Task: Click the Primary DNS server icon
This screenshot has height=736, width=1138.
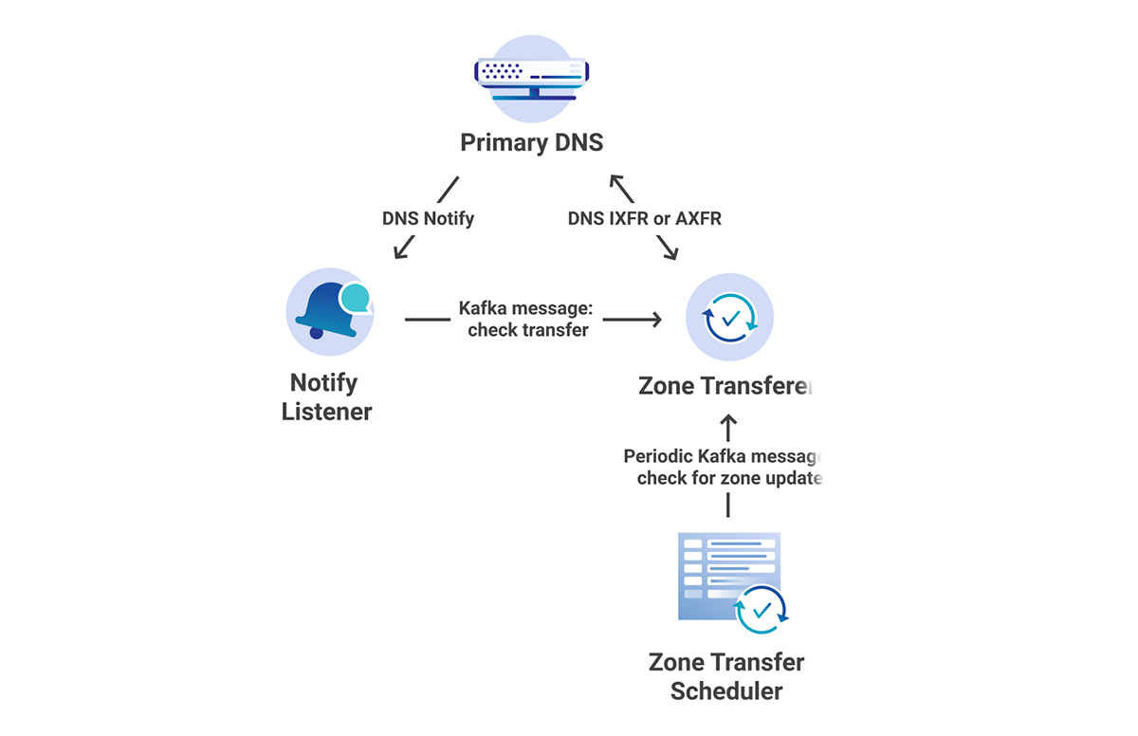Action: [x=531, y=79]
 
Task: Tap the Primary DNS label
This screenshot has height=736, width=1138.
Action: [x=531, y=143]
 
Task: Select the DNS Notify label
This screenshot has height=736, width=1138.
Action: [x=428, y=218]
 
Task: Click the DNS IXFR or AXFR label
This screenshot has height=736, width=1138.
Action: [x=645, y=218]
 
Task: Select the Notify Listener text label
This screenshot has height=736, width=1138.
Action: [x=326, y=397]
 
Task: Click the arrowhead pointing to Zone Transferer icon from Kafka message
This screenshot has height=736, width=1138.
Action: [x=654, y=320]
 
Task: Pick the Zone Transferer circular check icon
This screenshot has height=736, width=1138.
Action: [x=729, y=318]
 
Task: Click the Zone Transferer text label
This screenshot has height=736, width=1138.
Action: [x=725, y=386]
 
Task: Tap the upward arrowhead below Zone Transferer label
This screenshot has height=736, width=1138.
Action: [x=728, y=420]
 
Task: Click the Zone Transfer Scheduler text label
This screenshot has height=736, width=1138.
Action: [x=726, y=675]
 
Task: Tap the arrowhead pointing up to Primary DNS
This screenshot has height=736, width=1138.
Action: [x=617, y=181]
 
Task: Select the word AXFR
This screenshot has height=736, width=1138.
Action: [x=698, y=218]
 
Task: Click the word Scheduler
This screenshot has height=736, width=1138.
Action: [x=726, y=690]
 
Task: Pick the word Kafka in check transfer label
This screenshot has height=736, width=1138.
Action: [x=483, y=308]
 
